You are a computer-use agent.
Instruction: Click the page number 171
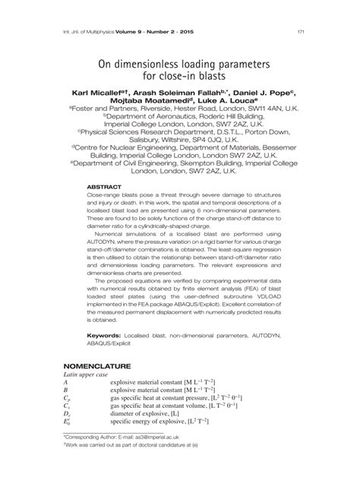tap(302, 31)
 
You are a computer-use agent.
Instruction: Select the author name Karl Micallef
tap(102, 93)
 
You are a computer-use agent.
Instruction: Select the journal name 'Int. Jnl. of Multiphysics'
tap(92, 31)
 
